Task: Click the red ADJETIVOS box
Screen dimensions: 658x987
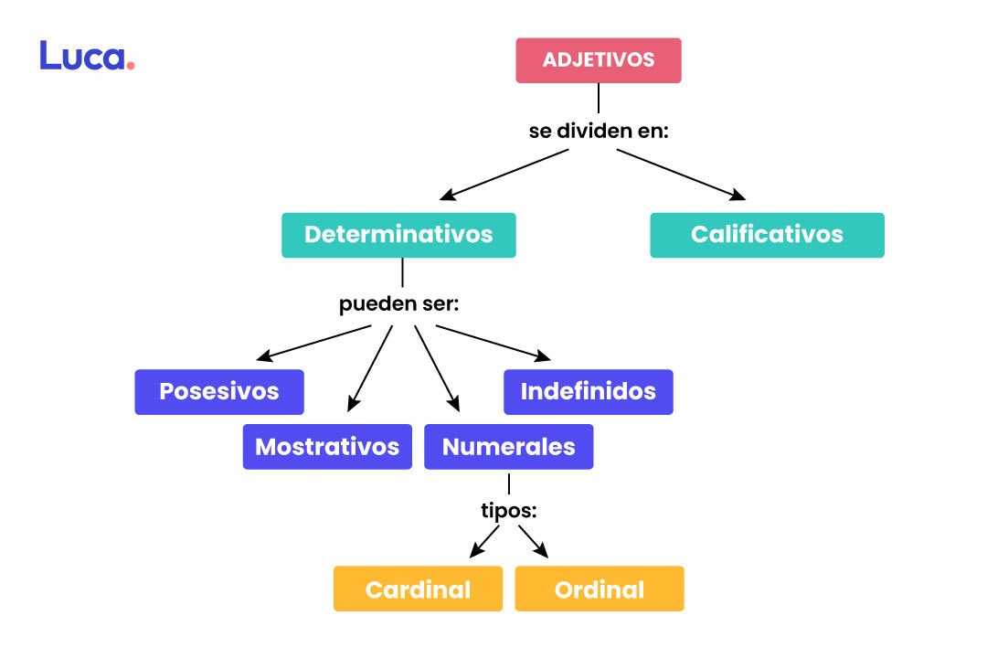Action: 599,60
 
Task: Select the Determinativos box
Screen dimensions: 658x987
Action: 398,235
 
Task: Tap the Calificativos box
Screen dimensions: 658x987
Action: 767,235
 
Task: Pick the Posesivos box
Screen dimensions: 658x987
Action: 219,392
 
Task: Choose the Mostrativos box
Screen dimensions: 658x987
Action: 327,447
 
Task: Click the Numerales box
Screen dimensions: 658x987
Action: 508,447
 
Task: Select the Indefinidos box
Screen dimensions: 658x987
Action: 588,392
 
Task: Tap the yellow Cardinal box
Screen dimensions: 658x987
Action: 418,589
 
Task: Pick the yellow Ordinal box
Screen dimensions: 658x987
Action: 599,589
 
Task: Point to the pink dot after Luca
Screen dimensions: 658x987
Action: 131,66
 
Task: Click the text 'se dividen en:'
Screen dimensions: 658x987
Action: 599,131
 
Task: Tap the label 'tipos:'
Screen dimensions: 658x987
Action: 508,511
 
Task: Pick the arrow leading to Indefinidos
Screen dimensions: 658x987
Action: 493,343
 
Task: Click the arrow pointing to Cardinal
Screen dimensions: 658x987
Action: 485,541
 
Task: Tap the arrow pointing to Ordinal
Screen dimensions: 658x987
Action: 533,541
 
